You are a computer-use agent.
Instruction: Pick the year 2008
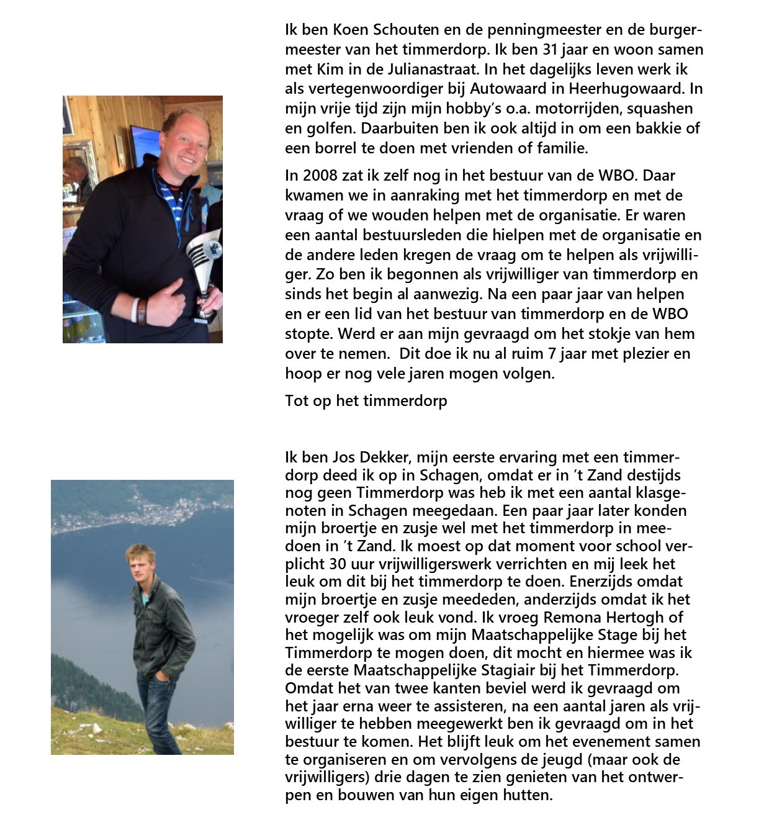point(318,175)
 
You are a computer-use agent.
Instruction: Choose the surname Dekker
point(387,458)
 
